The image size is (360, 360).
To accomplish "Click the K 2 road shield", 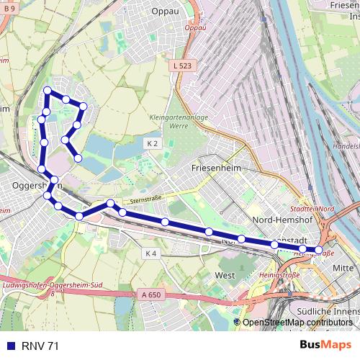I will point(152,143).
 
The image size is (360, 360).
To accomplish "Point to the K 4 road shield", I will point(150,253).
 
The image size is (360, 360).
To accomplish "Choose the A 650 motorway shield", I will point(150,294).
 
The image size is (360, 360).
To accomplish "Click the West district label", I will point(225,275).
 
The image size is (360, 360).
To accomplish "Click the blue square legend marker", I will point(10,346).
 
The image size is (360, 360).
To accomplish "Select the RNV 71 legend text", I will point(40,346).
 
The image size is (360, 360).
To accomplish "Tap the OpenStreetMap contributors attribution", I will point(297,322).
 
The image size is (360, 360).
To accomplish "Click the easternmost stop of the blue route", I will point(319,250).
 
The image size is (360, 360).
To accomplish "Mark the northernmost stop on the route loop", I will point(48,91).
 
